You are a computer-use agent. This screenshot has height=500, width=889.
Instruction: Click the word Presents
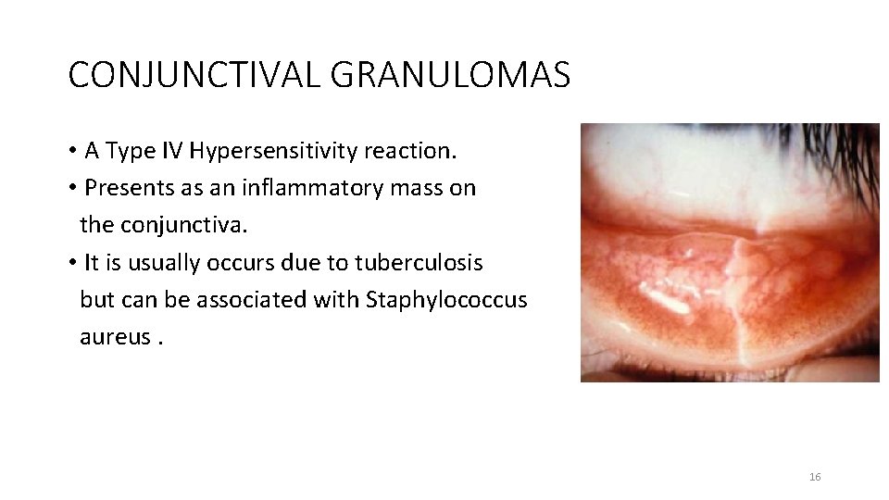pyautogui.click(x=123, y=188)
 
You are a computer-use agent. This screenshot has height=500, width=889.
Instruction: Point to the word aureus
pyautogui.click(x=115, y=337)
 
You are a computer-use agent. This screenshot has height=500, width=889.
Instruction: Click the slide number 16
pyautogui.click(x=815, y=477)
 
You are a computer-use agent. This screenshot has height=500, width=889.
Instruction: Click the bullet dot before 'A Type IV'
pyautogui.click(x=71, y=152)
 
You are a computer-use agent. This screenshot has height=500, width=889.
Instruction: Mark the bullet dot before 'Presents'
pyautogui.click(x=71, y=189)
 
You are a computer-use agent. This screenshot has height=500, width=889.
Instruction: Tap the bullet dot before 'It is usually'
pyautogui.click(x=71, y=263)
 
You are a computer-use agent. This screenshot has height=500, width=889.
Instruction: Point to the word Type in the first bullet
pyautogui.click(x=124, y=151)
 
